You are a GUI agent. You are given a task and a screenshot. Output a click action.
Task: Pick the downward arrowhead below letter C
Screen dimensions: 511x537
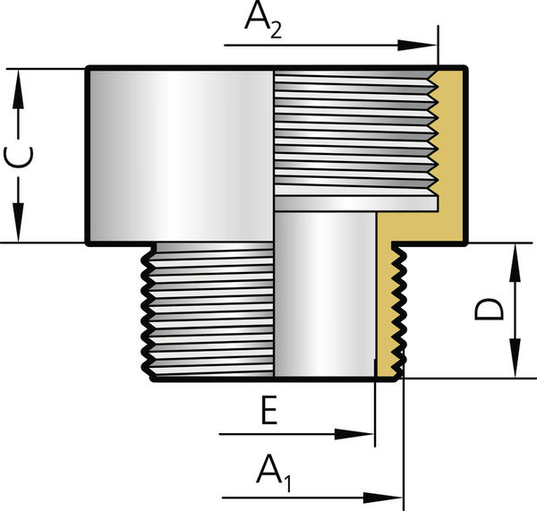19,224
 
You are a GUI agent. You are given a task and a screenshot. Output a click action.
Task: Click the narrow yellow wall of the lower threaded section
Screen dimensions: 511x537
388,304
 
